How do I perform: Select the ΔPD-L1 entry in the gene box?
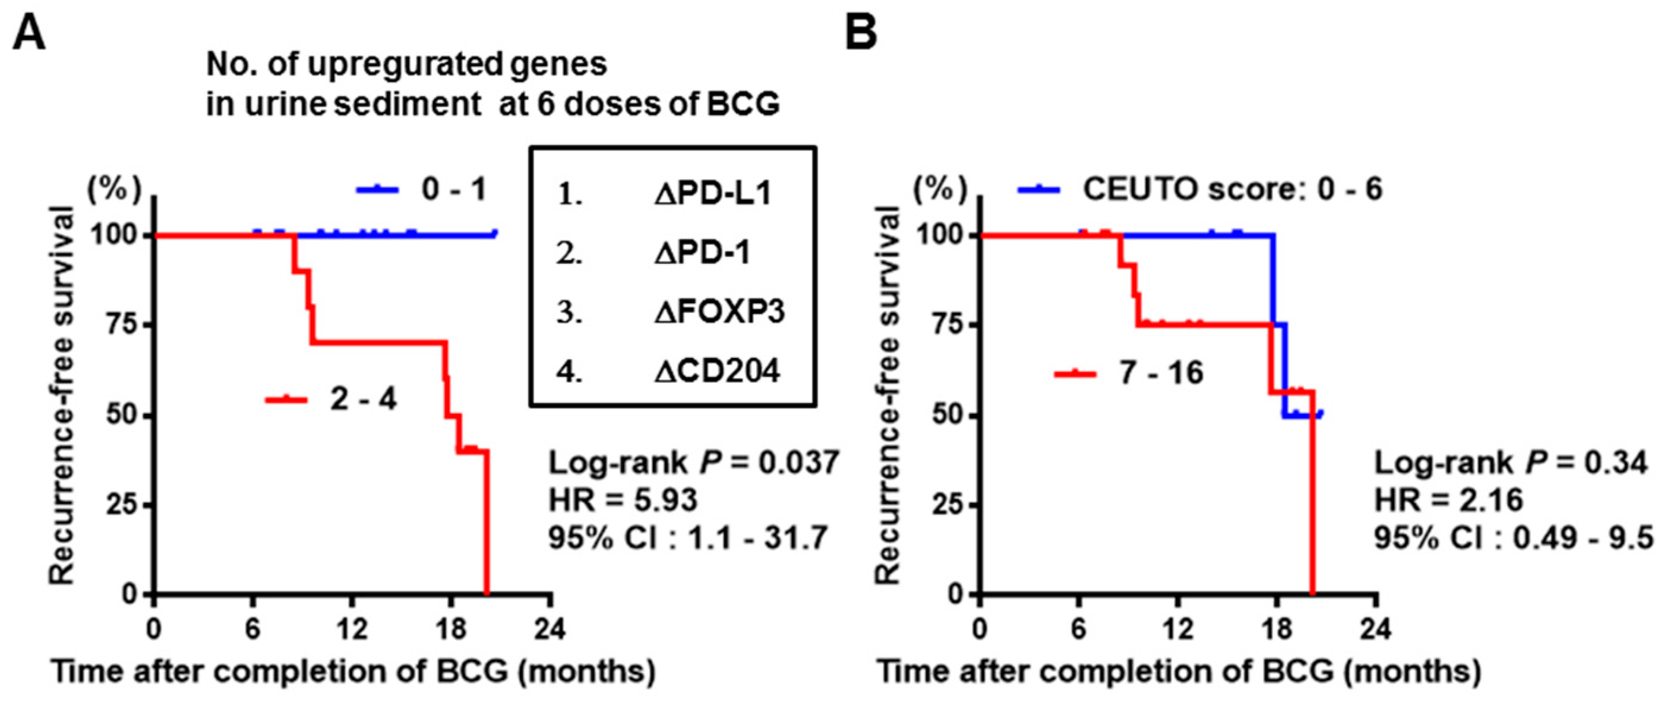pos(712,194)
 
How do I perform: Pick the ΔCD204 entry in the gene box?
pos(716,371)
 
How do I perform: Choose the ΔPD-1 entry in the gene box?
pos(702,253)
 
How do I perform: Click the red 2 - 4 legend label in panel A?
pos(362,399)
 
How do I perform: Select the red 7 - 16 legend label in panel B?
pos(1161,373)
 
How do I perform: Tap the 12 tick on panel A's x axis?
pos(351,628)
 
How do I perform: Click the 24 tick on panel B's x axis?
pos(1375,628)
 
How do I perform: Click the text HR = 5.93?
pos(623,501)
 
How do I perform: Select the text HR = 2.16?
pos(1448,501)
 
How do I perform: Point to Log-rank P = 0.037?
pos(693,463)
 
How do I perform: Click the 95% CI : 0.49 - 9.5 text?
pos(1513,538)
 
